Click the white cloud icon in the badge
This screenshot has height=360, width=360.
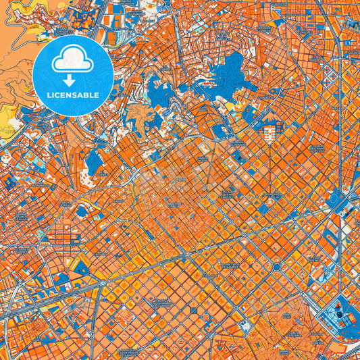[72, 61]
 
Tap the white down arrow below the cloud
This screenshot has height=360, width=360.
[72, 78]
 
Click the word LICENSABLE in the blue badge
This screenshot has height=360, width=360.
[72, 95]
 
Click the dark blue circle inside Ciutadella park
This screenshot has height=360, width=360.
[336, 312]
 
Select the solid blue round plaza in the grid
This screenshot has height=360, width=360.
[276, 267]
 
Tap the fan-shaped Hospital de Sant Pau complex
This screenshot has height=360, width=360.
[270, 131]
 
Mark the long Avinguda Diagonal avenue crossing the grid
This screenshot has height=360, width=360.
[203, 250]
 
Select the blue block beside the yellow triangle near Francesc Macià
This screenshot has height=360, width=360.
[81, 267]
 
